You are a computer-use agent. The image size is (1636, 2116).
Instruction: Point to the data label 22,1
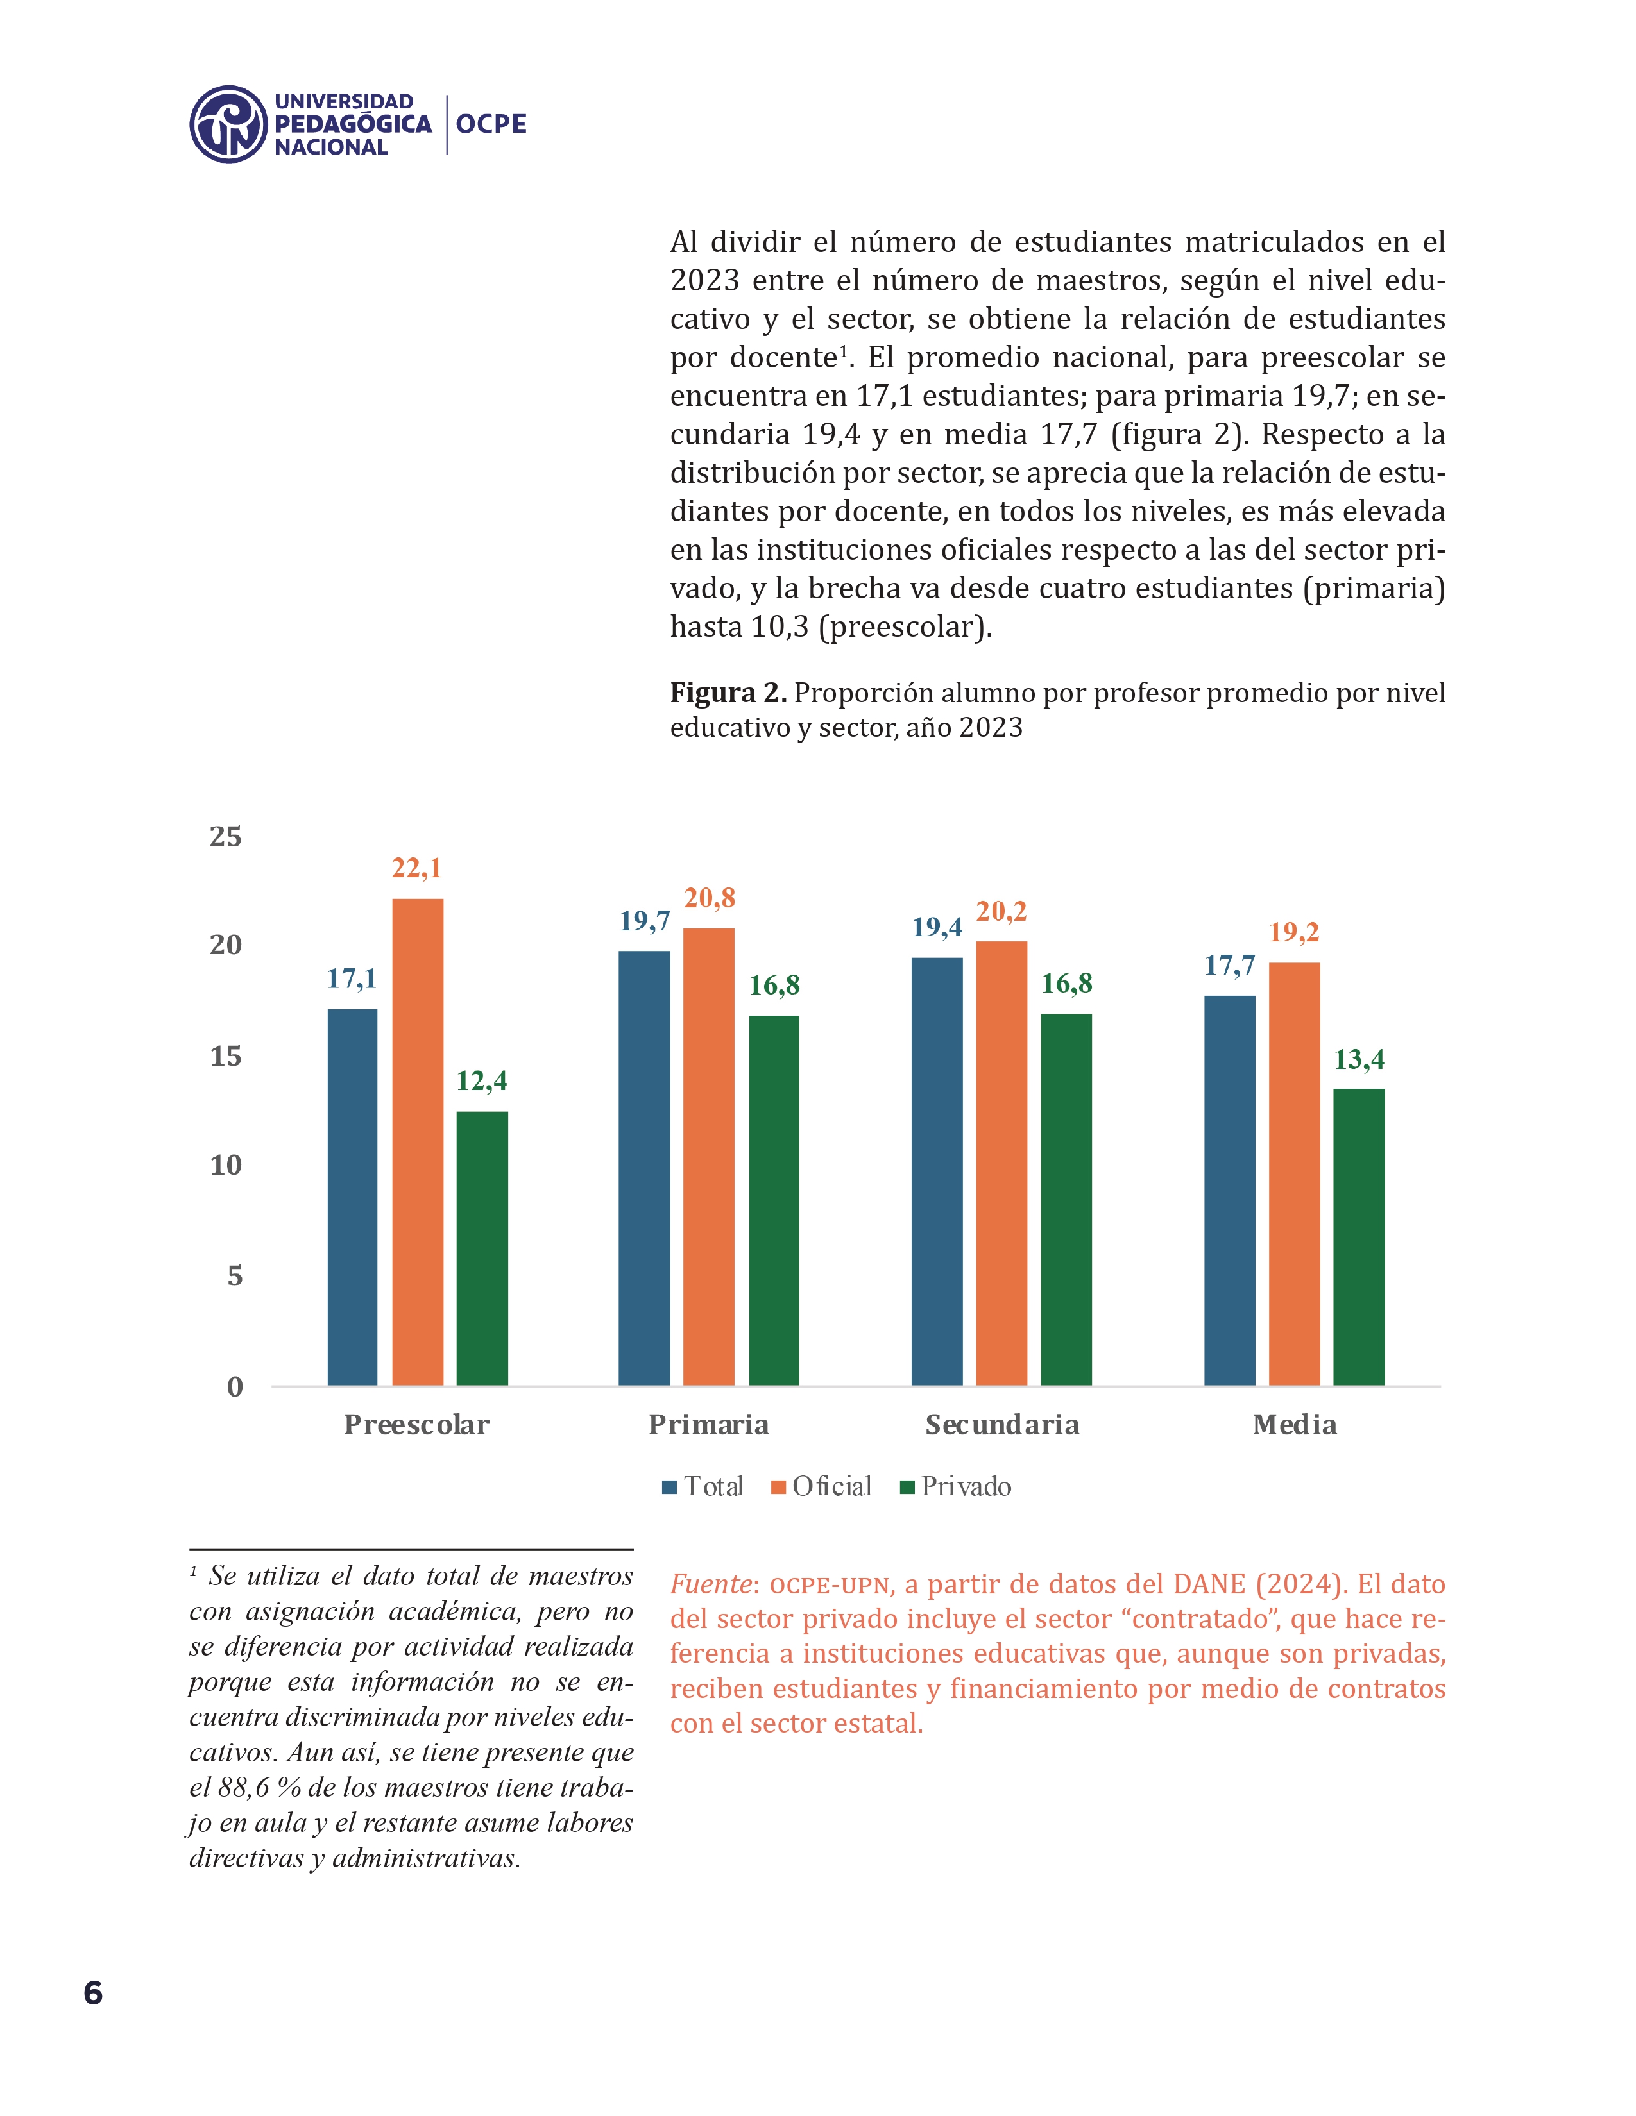(x=417, y=868)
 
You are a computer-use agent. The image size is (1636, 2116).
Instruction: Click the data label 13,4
(x=1359, y=1060)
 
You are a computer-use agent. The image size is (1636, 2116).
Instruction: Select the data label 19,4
(x=937, y=927)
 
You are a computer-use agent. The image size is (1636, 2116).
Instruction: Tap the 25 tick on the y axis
(x=226, y=836)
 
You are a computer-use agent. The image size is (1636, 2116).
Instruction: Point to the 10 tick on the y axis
(x=226, y=1166)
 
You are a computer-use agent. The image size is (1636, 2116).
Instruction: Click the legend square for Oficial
(x=778, y=1487)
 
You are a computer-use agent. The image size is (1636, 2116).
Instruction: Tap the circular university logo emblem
(x=228, y=124)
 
